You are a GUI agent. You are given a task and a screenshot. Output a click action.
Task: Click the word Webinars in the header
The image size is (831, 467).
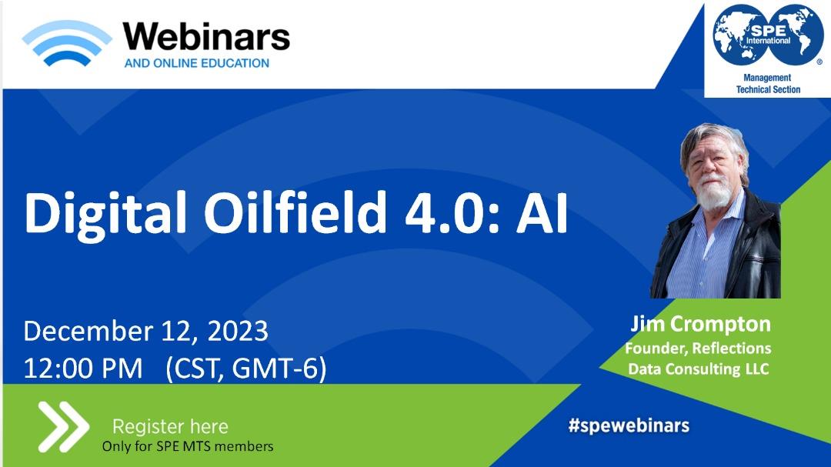(x=206, y=37)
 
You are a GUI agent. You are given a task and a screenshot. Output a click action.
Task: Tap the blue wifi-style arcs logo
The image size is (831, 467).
(x=67, y=43)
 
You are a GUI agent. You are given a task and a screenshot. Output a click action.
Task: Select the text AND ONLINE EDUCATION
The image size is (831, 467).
(x=197, y=63)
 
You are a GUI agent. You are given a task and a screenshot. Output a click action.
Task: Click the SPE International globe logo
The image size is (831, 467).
(x=768, y=35)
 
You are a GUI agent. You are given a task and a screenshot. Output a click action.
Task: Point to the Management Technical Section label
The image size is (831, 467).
(x=768, y=84)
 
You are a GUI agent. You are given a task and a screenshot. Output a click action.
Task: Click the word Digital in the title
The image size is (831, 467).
(x=105, y=214)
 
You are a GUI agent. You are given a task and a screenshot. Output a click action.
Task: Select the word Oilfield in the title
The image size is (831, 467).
(x=295, y=212)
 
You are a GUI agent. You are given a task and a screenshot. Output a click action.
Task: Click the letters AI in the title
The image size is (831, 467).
(x=542, y=213)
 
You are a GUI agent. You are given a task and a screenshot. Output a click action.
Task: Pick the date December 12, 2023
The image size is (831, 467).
(x=145, y=332)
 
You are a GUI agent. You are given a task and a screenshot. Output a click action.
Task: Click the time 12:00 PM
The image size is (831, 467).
(x=83, y=368)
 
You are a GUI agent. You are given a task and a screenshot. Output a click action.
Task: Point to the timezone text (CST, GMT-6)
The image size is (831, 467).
(x=246, y=369)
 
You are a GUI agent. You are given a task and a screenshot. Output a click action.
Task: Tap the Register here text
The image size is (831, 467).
(x=170, y=426)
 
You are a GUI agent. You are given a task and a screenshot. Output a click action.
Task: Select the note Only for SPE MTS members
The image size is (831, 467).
(x=188, y=446)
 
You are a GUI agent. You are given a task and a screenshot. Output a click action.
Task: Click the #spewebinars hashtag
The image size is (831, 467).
(x=629, y=425)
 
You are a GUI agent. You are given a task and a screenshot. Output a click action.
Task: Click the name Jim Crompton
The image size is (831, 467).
(x=701, y=324)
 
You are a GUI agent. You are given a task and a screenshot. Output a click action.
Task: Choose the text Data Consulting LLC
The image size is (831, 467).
(x=699, y=369)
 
